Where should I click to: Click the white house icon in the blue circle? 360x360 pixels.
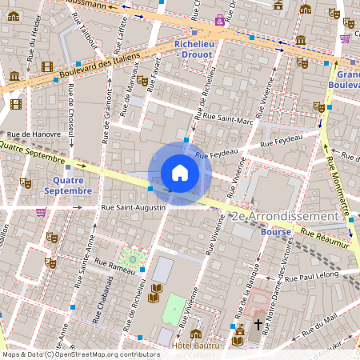pos(179,173)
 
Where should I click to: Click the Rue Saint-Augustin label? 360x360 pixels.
pos(133,207)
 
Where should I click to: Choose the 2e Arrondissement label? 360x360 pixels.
pos(283,217)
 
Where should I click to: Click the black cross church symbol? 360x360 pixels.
pos(258,324)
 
